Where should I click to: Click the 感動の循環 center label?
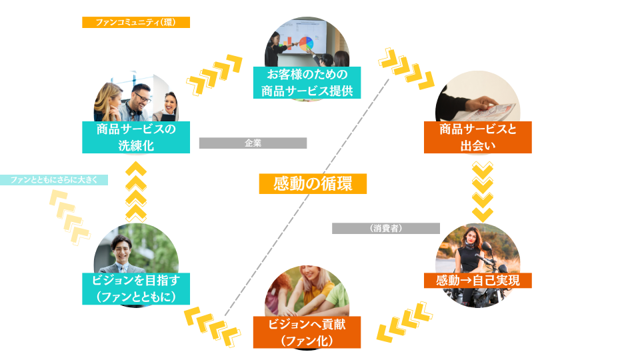click(x=313, y=183)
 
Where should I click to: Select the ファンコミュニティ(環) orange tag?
click(x=136, y=22)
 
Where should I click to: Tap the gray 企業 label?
click(x=253, y=143)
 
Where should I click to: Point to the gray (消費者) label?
click(x=386, y=228)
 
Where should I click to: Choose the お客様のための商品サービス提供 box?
click(x=307, y=83)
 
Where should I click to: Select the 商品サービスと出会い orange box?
click(x=477, y=137)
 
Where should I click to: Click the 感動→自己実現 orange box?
click(x=477, y=280)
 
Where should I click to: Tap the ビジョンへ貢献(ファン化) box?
click(x=307, y=332)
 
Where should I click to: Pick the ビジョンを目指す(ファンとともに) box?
click(x=136, y=289)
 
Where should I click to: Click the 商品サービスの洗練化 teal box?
click(x=136, y=137)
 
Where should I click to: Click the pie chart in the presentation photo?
click(x=307, y=44)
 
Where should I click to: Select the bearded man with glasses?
click(x=140, y=99)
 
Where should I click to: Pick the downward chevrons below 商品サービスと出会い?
click(x=482, y=189)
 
